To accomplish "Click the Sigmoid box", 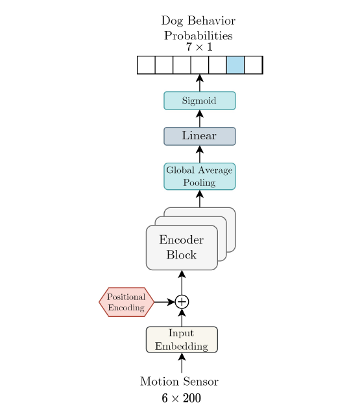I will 199,100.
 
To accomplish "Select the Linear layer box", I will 199,136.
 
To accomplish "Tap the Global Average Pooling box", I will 199,176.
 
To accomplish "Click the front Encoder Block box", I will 182,248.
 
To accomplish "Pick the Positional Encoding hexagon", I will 126,302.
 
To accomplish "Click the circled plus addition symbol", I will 182,302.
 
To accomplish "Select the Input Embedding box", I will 182,340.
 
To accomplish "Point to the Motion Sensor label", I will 179,381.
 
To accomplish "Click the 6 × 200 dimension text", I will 181,398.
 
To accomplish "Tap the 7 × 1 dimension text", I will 198,47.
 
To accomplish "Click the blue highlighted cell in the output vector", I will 235,65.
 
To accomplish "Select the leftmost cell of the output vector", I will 146,65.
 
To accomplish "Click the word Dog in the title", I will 173,21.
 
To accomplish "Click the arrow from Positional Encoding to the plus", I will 164,302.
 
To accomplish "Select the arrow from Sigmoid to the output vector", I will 199,83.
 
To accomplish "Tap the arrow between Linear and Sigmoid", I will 199,119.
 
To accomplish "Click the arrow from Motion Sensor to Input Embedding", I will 182,363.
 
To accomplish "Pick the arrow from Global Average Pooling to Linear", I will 199,154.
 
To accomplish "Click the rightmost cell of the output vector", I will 253,65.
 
